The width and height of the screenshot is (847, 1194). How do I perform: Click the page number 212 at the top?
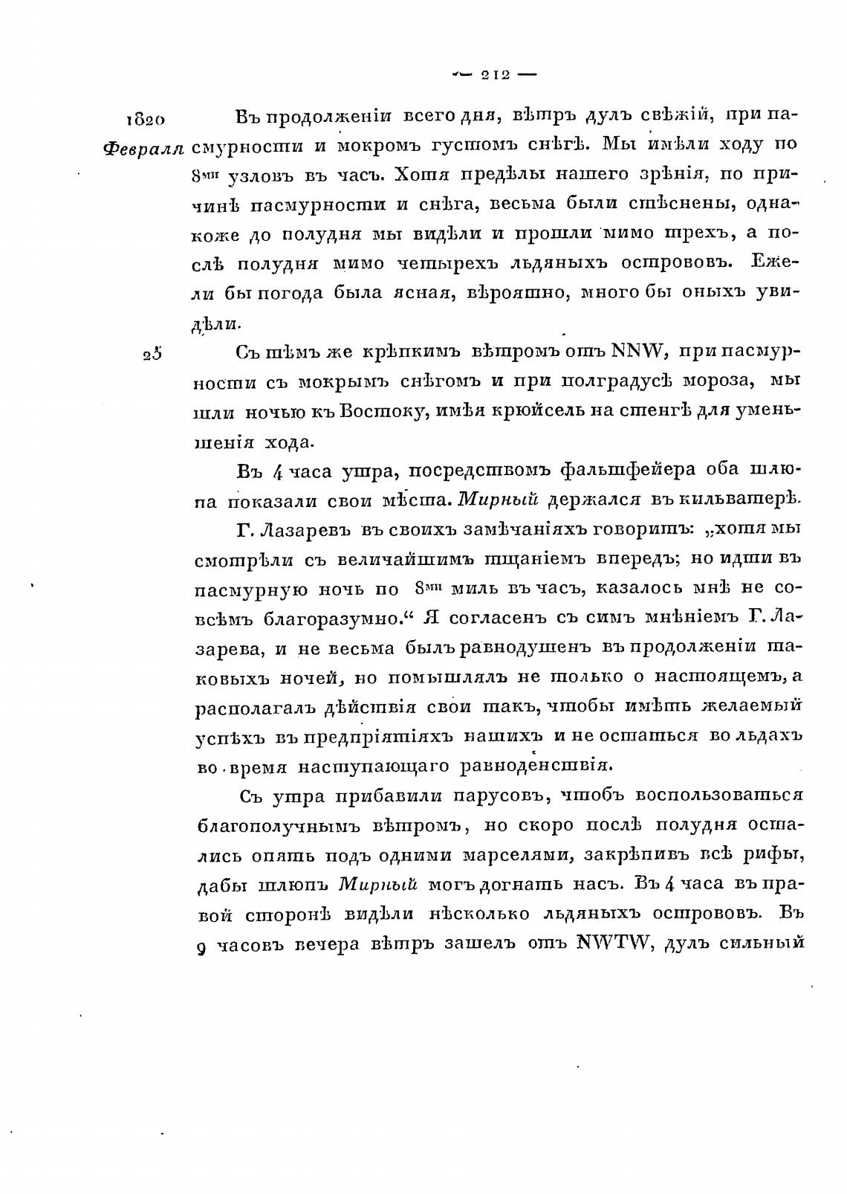(x=493, y=74)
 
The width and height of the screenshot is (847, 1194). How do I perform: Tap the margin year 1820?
(x=145, y=120)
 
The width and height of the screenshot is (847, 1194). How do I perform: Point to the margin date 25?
(x=152, y=354)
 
